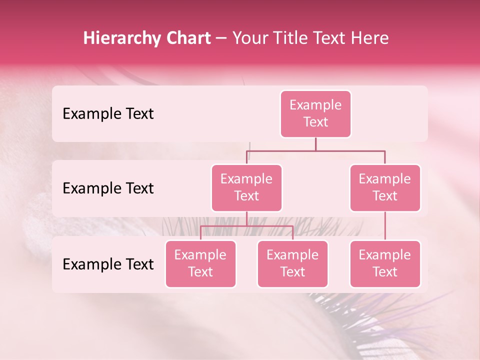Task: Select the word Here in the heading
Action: point(370,38)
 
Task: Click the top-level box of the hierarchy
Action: point(315,114)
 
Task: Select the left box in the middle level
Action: point(246,187)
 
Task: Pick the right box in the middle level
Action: point(385,187)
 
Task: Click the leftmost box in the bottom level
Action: point(200,263)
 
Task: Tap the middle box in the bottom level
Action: point(292,263)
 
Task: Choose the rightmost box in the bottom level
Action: point(385,263)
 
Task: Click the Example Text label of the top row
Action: point(108,114)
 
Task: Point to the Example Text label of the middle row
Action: point(108,188)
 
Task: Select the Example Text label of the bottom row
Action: point(108,264)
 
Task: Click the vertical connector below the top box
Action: point(315,144)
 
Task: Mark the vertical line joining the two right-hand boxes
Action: point(385,226)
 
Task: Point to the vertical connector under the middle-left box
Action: point(246,218)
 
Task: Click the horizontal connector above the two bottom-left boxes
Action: point(246,225)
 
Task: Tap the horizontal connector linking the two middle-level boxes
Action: point(350,150)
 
